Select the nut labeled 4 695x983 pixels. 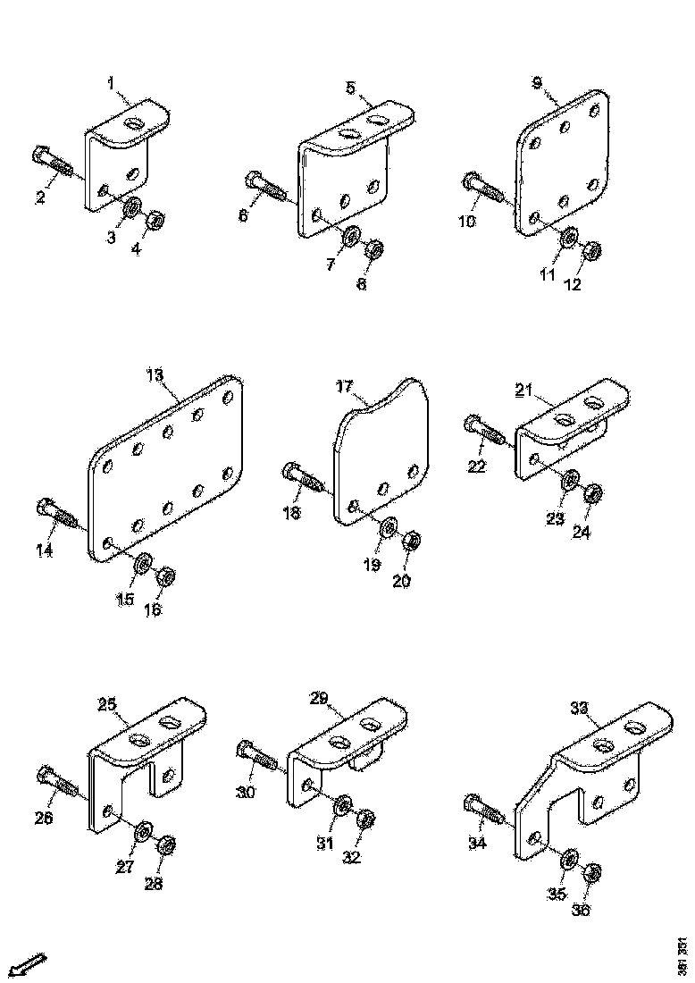(x=155, y=219)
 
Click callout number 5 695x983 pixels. (x=350, y=88)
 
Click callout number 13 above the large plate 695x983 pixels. (x=155, y=375)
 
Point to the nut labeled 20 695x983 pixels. (x=412, y=541)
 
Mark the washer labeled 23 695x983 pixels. (x=569, y=483)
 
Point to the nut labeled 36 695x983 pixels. (x=592, y=872)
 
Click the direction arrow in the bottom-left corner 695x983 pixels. (x=29, y=965)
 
